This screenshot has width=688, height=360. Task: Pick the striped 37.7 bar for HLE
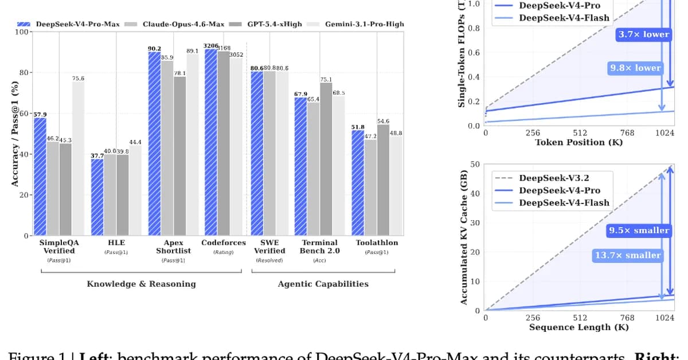tap(97, 197)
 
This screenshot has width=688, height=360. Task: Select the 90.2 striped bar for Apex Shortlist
tap(154, 143)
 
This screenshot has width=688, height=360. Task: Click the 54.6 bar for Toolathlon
tap(383, 180)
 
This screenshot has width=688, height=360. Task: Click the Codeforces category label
tap(224, 242)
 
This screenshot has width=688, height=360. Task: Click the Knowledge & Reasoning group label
tap(141, 284)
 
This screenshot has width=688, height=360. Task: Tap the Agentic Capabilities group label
tap(323, 284)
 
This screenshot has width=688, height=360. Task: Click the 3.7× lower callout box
tap(643, 34)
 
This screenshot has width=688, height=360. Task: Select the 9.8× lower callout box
tap(635, 68)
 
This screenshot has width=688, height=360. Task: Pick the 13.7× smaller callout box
tap(628, 255)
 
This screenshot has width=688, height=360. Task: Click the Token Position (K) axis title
tap(578, 142)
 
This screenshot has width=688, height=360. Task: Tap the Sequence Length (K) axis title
tap(578, 327)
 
